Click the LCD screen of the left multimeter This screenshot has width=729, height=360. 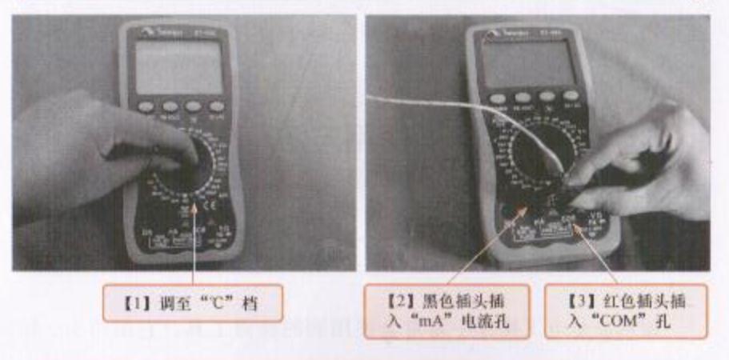(x=178, y=67)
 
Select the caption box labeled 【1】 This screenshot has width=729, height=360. (x=192, y=303)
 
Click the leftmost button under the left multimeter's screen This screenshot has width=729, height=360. (x=146, y=106)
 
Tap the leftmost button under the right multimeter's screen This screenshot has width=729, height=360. (x=498, y=98)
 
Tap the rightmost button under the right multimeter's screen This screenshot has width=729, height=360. (x=570, y=98)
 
